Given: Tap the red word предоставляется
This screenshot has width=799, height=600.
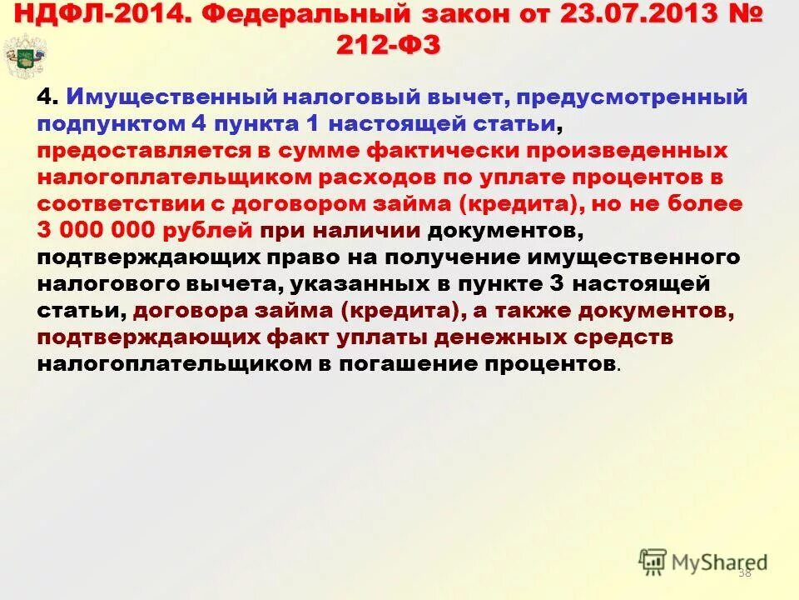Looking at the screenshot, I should tap(144, 151).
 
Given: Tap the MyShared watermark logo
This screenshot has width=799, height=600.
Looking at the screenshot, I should tap(702, 562).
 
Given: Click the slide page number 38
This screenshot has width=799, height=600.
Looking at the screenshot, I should tap(744, 572).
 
